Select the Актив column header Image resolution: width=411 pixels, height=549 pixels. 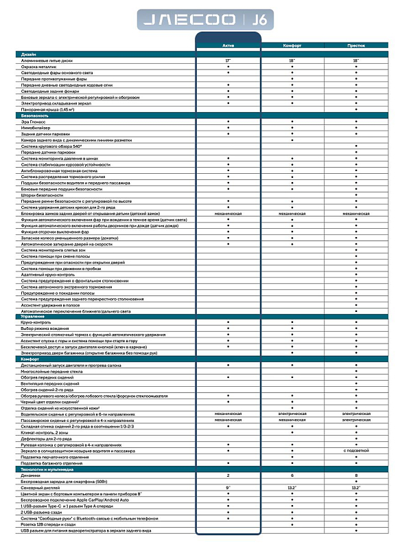tap(228, 45)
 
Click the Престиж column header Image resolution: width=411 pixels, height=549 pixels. tap(356, 45)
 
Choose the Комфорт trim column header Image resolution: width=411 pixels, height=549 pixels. tap(292, 45)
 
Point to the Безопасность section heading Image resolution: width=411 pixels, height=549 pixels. tap(36, 115)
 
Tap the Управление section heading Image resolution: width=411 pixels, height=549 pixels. tap(34, 317)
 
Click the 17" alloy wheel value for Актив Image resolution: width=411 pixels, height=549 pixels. tap(228, 61)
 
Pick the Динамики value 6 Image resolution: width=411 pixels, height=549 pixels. tap(292, 474)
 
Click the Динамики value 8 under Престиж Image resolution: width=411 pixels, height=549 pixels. tap(356, 474)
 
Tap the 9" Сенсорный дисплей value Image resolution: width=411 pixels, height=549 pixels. tap(228, 487)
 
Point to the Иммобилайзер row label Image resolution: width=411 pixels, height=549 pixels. tap(36, 127)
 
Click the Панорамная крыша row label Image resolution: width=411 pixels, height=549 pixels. tap(47, 110)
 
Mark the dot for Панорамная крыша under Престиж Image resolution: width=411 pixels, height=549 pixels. tap(356, 110)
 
